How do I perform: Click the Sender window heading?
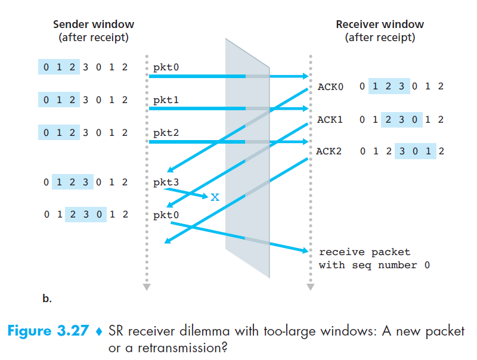(94, 25)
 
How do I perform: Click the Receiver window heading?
(380, 25)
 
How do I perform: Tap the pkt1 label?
(166, 100)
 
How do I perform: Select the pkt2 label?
(166, 133)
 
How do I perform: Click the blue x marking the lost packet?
(215, 196)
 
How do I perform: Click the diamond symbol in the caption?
(100, 331)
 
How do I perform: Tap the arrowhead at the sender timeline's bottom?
(147, 287)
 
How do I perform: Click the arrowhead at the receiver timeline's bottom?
(309, 287)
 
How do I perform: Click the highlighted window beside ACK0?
(389, 87)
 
